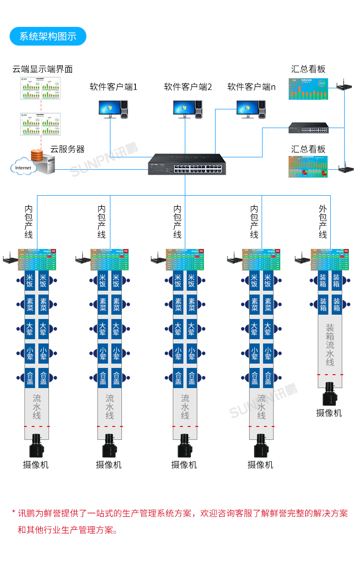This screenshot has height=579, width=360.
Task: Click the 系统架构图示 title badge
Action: coord(48,36)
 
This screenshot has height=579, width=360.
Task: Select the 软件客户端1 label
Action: coord(114,87)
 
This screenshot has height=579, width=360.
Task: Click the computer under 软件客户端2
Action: coord(188,109)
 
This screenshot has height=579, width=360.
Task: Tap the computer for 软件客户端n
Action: coord(251,109)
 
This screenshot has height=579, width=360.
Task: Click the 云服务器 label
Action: coord(68,149)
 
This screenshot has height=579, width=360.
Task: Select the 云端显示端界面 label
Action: coord(42,69)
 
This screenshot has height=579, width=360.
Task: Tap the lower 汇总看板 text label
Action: coord(308,149)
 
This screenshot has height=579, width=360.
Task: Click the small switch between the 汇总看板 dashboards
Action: coord(309,128)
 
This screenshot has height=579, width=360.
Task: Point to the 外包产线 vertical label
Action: coord(323,222)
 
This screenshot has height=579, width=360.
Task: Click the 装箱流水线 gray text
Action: coord(330,345)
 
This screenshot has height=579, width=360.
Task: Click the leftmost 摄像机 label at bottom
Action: coord(36,465)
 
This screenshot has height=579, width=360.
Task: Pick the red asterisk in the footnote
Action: coord(13,513)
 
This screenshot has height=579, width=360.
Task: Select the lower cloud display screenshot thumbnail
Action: coord(41,124)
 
